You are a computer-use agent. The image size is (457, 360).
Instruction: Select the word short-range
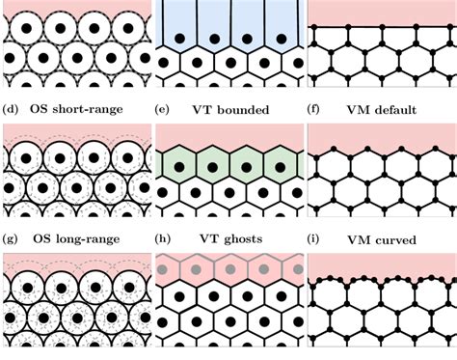(89, 109)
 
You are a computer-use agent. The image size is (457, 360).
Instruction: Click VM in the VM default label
(357, 109)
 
